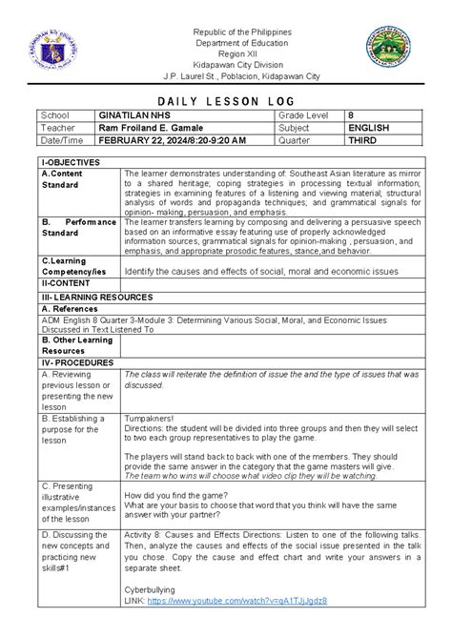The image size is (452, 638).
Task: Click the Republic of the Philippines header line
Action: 227,31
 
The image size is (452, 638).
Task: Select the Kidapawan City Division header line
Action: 227,65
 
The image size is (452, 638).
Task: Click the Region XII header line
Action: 227,53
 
